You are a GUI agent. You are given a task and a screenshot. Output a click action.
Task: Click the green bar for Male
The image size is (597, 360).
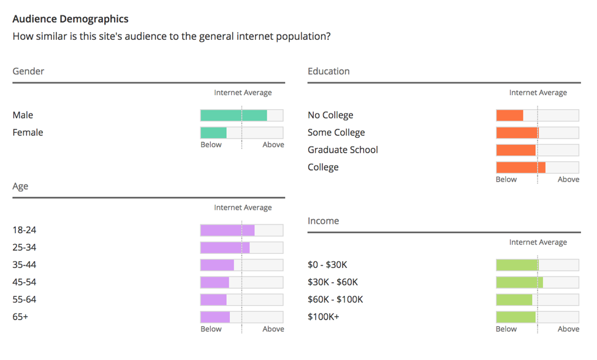tap(234, 115)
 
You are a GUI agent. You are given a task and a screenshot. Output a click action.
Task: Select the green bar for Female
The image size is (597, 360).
tap(213, 132)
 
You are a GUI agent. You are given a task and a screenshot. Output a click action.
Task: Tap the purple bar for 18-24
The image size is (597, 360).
tap(227, 231)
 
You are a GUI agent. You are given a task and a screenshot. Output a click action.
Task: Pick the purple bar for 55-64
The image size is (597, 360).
tap(213, 300)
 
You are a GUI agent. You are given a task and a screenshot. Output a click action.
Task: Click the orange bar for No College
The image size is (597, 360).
tap(509, 115)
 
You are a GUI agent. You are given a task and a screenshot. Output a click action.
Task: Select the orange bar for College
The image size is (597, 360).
tap(520, 167)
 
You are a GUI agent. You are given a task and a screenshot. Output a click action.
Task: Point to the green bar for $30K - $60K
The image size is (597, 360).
tap(519, 283)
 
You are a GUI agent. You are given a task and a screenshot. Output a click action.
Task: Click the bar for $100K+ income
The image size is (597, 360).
tap(515, 317)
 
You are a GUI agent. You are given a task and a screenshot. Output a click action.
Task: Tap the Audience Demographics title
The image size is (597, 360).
tap(70, 20)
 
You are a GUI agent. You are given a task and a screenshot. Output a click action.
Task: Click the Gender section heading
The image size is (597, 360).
tap(28, 71)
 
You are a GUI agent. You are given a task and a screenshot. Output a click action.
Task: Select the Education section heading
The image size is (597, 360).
tap(329, 71)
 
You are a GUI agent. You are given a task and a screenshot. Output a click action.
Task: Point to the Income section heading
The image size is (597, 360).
tap(323, 221)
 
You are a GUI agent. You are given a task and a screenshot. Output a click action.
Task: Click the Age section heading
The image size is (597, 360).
tap(20, 186)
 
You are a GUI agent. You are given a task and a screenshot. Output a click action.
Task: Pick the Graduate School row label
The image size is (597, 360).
tap(343, 150)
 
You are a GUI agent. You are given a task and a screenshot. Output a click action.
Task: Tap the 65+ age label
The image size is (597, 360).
tap(20, 317)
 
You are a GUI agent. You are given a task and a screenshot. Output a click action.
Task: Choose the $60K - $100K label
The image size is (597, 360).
tap(335, 300)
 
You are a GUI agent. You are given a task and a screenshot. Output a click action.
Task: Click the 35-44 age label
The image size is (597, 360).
tap(24, 265)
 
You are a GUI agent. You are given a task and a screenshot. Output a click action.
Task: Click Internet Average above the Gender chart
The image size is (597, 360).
tap(243, 93)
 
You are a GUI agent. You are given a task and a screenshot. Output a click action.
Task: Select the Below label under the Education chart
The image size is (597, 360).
tap(506, 180)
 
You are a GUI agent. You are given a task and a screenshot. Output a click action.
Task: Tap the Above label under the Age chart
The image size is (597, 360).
tap(273, 329)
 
